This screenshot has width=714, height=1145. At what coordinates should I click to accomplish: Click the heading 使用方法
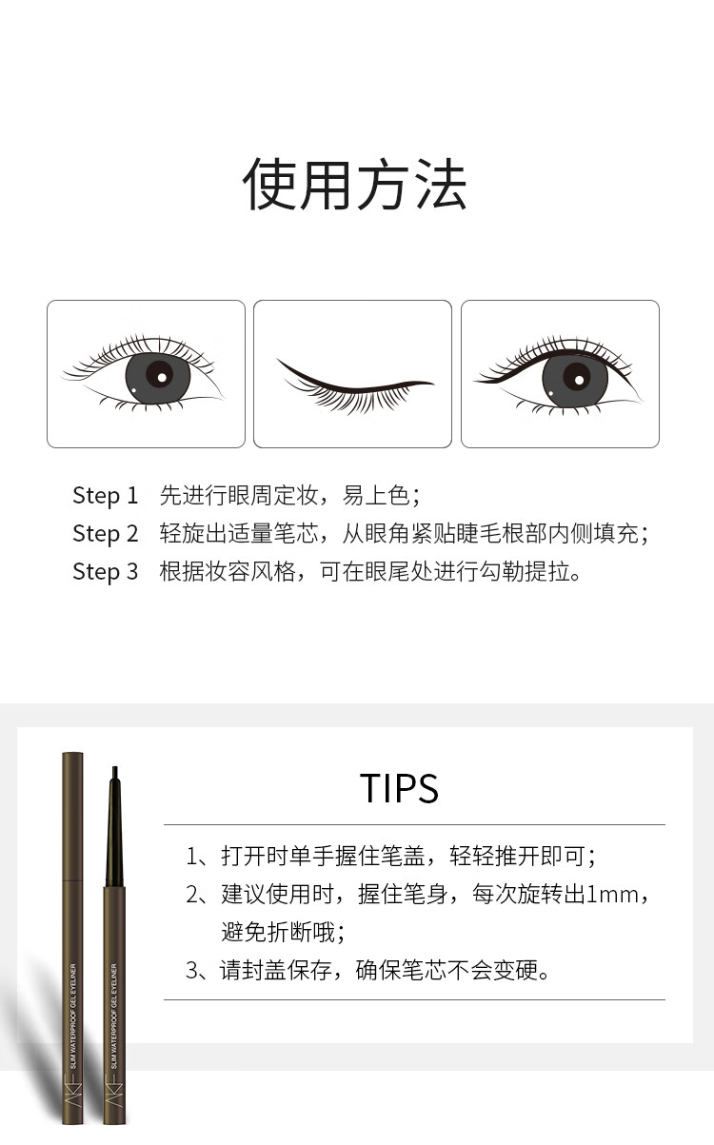tap(355, 184)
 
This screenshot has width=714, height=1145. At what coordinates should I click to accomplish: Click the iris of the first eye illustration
tap(158, 378)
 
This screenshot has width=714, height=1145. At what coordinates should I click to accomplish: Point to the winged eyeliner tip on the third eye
tap(476, 382)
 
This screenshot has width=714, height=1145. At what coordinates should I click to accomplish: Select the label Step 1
tap(106, 496)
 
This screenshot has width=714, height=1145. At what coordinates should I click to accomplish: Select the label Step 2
tap(106, 534)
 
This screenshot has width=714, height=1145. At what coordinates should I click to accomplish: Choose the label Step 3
tap(106, 571)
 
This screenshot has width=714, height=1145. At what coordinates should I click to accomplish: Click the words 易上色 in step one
tap(376, 495)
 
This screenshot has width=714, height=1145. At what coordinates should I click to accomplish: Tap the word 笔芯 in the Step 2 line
tap(296, 533)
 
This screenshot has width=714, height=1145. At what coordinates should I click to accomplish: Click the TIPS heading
tap(399, 788)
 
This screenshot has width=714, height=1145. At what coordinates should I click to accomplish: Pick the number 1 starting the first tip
tap(191, 857)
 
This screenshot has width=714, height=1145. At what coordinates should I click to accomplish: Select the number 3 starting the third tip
tap(191, 970)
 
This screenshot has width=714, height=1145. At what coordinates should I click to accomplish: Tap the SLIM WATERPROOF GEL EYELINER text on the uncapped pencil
tap(113, 1017)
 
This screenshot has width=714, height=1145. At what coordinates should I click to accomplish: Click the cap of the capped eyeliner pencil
tap(72, 816)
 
